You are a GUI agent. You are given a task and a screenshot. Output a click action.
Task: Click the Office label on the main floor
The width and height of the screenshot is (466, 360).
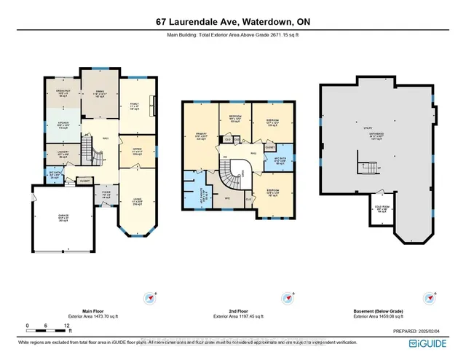136,152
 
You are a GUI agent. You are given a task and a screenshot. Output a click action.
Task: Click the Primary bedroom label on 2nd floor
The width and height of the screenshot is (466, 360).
201,136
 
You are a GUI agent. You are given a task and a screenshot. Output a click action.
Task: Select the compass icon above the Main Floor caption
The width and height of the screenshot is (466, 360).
151,297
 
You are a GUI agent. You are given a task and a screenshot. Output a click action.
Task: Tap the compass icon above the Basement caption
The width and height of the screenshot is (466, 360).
427,297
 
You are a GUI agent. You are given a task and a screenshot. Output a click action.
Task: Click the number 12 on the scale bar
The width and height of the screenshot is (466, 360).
67,325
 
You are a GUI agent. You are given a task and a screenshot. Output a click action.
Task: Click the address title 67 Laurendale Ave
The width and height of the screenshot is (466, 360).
233,22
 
